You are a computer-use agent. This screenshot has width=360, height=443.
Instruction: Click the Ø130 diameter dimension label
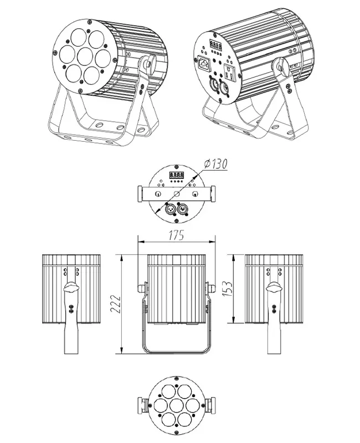coord(215,164)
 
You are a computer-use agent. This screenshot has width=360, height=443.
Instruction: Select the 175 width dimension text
coord(176,235)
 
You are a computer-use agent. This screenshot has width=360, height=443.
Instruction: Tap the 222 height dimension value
coord(115,304)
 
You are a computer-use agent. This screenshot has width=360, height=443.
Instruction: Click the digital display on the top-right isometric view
coord(215,44)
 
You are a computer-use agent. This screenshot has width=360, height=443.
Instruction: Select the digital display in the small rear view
coord(176,175)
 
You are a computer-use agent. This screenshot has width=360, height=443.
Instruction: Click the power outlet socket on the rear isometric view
coord(230,72)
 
